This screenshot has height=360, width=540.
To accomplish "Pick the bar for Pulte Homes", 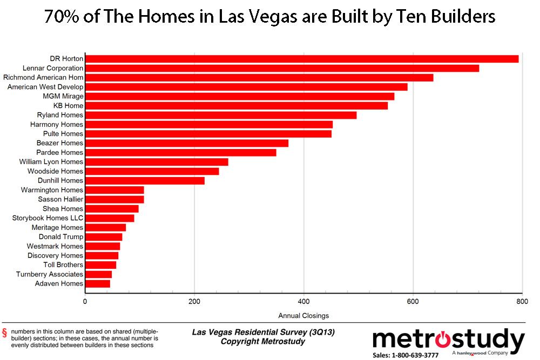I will click(x=208, y=134).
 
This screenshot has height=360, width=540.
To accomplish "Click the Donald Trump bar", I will click(x=104, y=237).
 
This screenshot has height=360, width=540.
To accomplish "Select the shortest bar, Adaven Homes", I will click(x=97, y=284).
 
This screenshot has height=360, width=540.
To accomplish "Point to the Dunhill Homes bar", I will click(x=145, y=181).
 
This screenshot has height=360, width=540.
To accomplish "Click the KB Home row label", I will click(x=68, y=106).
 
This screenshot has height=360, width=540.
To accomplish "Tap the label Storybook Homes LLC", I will click(x=48, y=218).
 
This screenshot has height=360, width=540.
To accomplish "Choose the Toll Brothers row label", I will click(x=63, y=265).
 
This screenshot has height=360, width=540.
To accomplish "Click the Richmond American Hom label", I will click(x=43, y=78).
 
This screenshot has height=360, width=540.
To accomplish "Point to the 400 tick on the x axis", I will click(x=303, y=302).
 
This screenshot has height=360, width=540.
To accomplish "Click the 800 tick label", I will click(x=522, y=302).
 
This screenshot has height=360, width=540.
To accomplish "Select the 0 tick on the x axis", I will click(x=85, y=302).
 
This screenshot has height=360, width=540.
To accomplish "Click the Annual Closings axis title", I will click(x=303, y=316).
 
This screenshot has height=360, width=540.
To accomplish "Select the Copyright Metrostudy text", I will click(x=263, y=342).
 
